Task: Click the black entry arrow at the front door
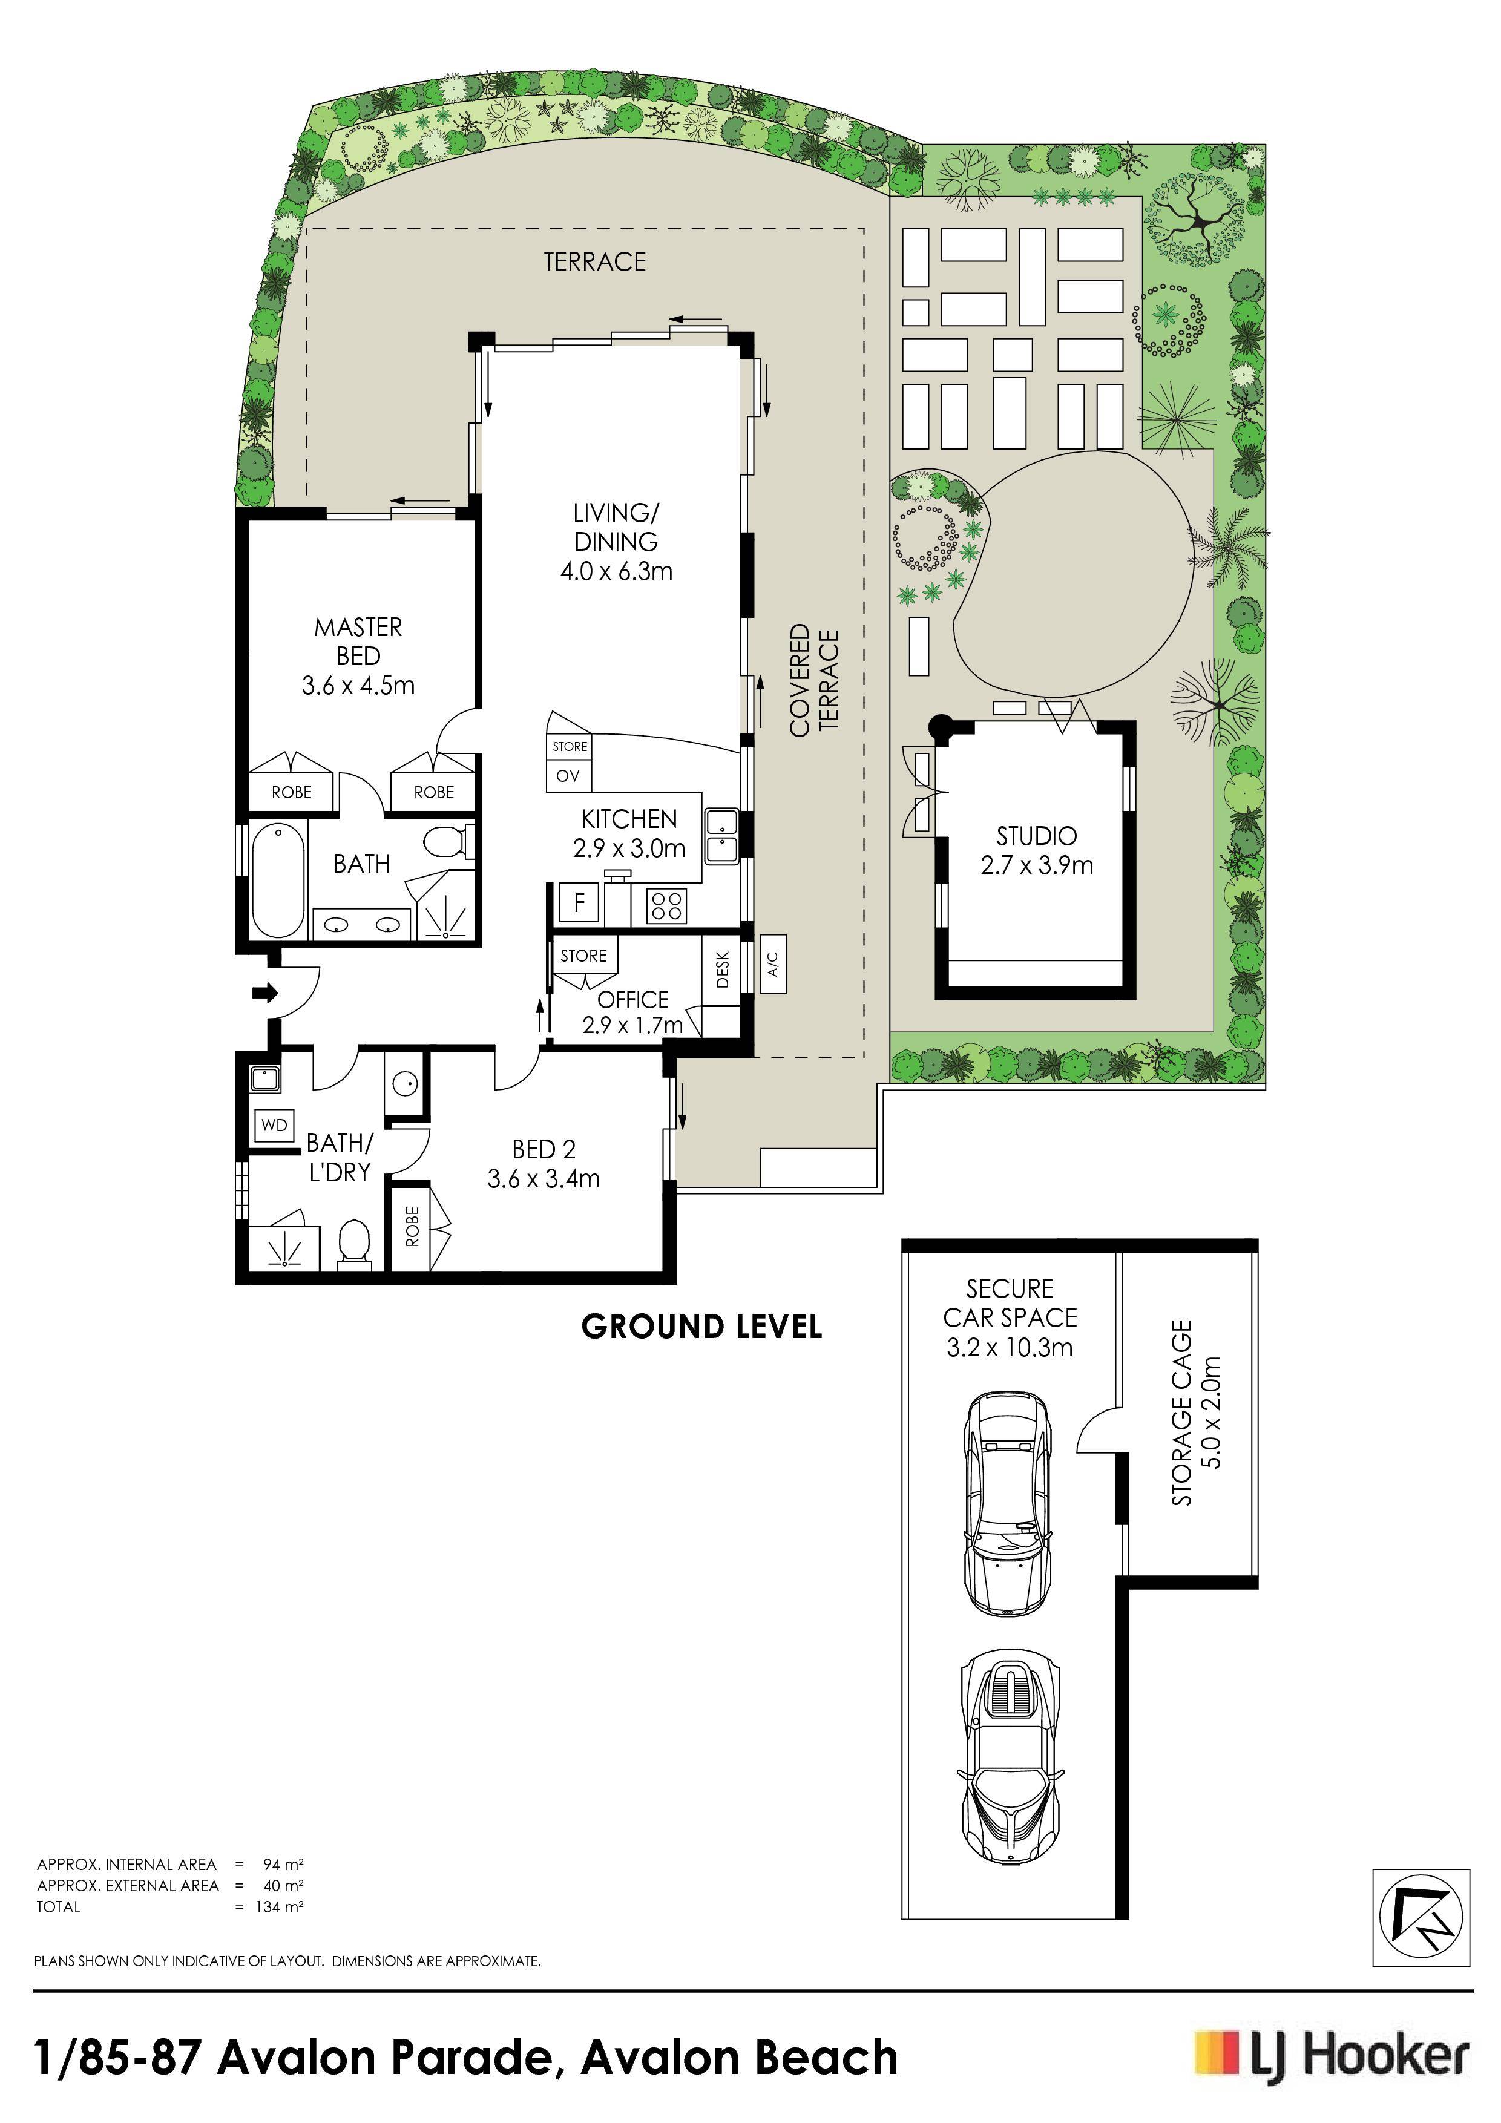coord(266,994)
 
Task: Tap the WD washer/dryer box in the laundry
coord(275,1125)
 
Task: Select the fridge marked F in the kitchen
coord(580,902)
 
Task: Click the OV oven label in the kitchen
coord(568,776)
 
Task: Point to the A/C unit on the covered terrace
coord(773,965)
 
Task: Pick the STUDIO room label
coord(1037,836)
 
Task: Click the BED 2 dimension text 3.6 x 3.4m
coord(544,1179)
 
